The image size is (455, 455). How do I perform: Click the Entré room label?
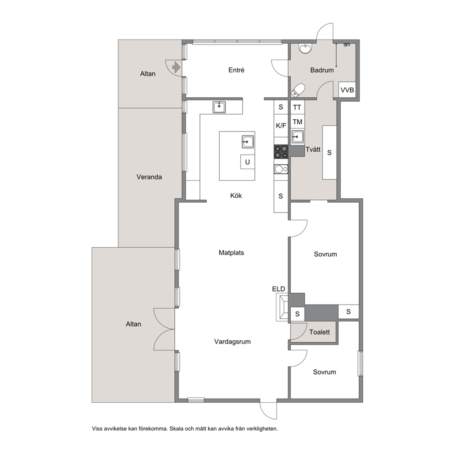coord(236,70)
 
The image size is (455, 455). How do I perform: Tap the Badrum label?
coord(322,70)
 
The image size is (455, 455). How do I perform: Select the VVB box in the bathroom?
coord(347,90)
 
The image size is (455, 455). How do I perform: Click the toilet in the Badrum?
coord(298,90)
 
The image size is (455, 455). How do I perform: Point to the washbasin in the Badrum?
coord(305,49)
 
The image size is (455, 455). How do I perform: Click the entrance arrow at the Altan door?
coord(176,67)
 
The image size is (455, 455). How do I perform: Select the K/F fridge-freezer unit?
coord(281,126)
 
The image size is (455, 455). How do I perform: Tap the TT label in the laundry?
coord(297,108)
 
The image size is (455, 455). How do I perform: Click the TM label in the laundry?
coord(297,122)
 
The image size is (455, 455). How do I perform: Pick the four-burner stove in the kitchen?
coord(281,152)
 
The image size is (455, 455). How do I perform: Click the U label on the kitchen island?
coord(248,162)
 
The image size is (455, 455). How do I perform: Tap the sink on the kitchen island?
coord(248,142)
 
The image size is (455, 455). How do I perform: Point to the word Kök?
coord(236,195)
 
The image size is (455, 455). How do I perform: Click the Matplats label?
coord(231,253)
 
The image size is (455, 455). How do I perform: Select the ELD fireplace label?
coord(278,289)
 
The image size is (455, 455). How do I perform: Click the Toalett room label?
coord(320,332)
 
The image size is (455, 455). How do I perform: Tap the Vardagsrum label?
coord(233,342)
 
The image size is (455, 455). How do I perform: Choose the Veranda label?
coord(149,177)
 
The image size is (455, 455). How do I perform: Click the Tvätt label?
coord(313,150)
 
